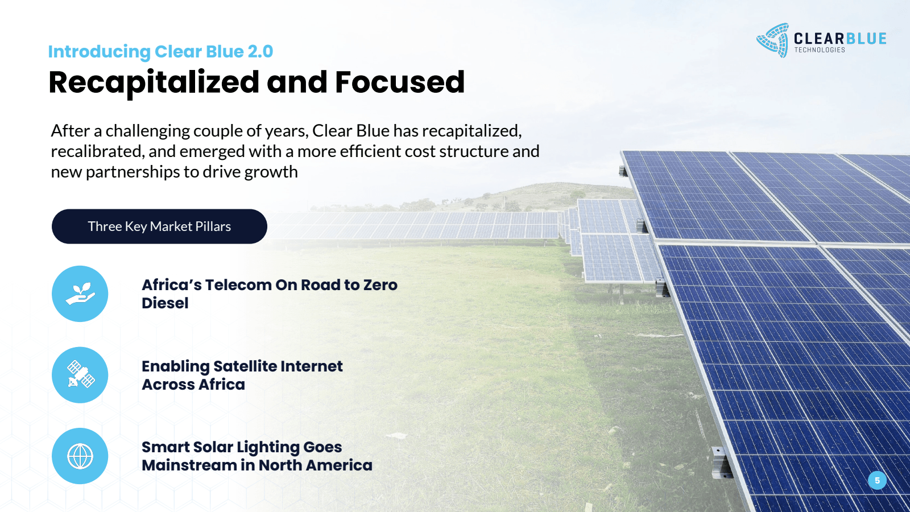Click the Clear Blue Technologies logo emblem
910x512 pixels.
(x=773, y=40)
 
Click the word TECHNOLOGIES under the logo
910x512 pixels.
(x=820, y=50)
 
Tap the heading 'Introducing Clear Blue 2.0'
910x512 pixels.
(x=160, y=52)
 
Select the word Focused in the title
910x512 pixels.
(x=400, y=82)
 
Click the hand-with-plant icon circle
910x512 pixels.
(x=80, y=294)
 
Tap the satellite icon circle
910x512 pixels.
(x=80, y=375)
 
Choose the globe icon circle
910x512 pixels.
(x=80, y=456)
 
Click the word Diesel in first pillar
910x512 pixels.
(x=165, y=303)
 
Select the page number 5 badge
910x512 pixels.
(x=877, y=481)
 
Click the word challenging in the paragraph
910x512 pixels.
(x=147, y=131)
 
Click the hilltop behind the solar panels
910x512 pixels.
(x=557, y=188)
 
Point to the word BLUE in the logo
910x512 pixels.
(x=866, y=39)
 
